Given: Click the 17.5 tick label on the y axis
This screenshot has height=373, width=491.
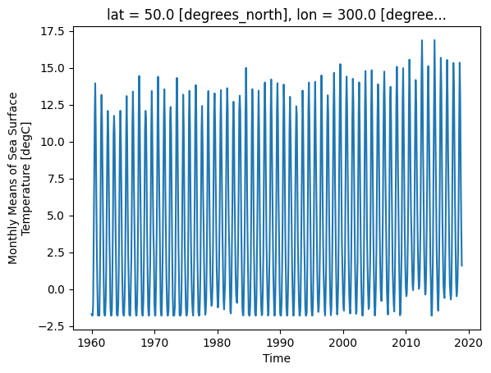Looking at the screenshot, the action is click(53, 32).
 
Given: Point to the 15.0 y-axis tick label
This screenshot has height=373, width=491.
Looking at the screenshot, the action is click(53, 69).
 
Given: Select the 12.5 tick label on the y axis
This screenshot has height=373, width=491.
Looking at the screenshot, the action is click(53, 106).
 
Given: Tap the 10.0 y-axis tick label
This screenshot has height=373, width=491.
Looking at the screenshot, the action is click(53, 143).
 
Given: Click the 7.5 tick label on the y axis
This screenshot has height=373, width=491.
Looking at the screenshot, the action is click(56, 180).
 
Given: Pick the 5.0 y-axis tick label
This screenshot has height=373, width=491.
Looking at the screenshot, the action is click(56, 216).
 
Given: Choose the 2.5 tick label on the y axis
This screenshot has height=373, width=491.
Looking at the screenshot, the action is click(56, 253).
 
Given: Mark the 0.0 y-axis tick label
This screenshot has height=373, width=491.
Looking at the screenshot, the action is click(56, 290).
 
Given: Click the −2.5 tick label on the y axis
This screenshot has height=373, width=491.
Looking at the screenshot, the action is click(52, 327).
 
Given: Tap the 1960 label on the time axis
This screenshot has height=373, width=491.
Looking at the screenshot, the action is click(92, 343).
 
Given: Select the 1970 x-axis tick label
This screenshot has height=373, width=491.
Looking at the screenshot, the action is click(154, 343).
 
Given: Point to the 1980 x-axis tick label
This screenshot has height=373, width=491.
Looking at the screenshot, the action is click(218, 343).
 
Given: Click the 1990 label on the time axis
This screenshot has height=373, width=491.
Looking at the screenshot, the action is click(280, 343).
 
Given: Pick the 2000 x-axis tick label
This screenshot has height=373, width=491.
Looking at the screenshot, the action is click(343, 343).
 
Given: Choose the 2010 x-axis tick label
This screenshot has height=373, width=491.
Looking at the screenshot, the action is click(406, 343).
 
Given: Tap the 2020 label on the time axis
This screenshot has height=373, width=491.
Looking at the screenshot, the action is click(469, 343).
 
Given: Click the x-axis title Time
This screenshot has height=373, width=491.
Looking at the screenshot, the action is click(277, 358).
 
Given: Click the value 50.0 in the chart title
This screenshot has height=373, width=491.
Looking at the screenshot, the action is click(158, 15).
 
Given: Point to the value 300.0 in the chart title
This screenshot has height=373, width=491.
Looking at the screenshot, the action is click(356, 15).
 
